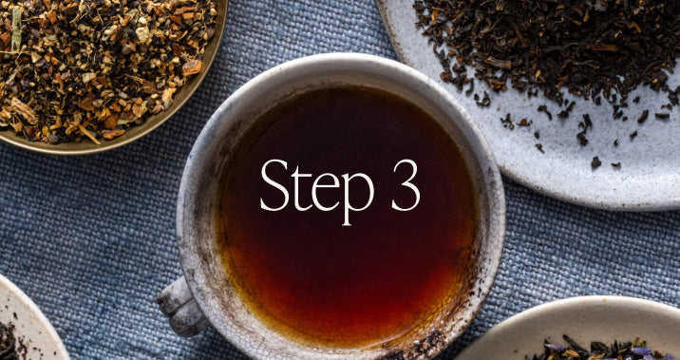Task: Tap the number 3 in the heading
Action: point(406,185)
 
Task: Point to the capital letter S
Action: point(274,185)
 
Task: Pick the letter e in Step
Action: point(325,194)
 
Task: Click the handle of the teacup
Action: point(181,307)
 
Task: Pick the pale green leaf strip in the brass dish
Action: point(16,28)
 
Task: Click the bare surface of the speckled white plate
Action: point(564,174)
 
